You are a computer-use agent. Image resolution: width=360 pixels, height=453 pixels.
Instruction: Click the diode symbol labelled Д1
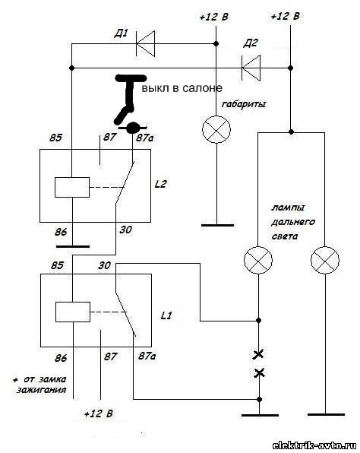146,44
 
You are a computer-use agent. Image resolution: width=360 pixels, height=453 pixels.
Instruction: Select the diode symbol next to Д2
251,68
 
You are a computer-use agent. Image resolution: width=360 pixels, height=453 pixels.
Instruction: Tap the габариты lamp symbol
216,130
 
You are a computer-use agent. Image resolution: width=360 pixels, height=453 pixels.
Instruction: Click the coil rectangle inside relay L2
72,187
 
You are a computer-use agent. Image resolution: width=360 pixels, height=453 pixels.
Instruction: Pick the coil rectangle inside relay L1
73,312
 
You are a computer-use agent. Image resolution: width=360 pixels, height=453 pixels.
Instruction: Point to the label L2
160,184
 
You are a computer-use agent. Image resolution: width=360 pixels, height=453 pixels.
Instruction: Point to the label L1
166,315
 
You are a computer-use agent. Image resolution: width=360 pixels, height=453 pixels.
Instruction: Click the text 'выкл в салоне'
182,88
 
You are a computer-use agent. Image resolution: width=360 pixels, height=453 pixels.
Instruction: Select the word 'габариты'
244,104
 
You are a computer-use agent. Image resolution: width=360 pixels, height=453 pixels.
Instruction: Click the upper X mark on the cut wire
258,354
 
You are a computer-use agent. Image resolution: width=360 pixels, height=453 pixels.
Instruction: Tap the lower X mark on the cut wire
259,373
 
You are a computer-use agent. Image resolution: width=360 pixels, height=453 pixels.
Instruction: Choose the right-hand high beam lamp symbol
325,260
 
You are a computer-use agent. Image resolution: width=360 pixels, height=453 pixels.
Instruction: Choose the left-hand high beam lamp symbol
258,260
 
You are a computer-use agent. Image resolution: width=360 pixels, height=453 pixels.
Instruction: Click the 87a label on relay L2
145,138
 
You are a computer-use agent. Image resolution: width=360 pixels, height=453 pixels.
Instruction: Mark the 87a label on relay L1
147,356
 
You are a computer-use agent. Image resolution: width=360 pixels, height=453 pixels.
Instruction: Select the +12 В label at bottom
99,413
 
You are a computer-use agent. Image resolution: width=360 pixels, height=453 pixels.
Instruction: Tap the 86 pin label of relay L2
61,232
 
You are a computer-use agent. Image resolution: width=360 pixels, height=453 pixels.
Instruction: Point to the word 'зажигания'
42,390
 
